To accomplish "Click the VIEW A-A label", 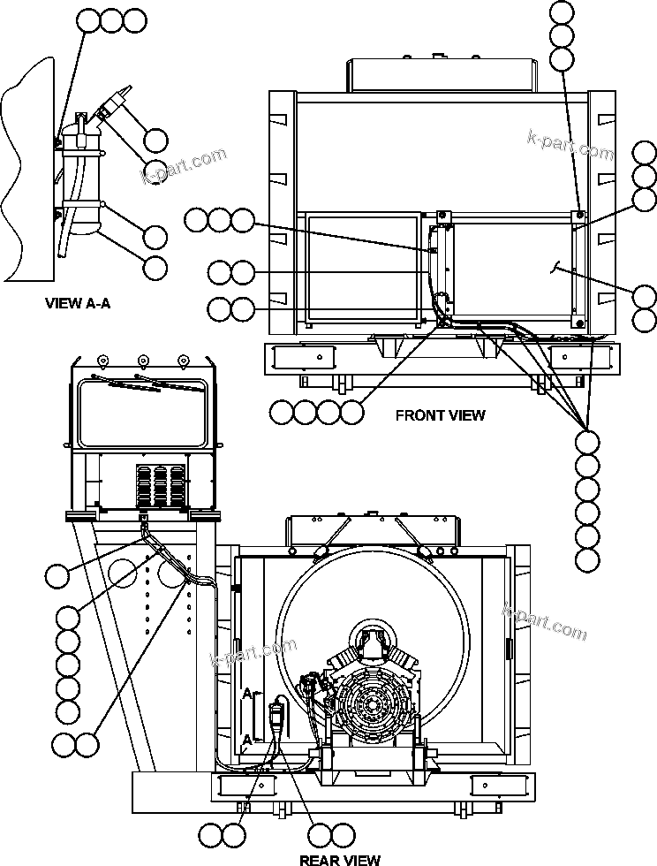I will pyautogui.click(x=83, y=303).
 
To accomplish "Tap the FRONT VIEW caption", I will pyautogui.click(x=440, y=414).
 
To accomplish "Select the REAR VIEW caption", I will pyautogui.click(x=340, y=859).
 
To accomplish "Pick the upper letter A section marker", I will pyautogui.click(x=246, y=695).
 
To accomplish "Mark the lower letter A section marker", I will pyautogui.click(x=246, y=740).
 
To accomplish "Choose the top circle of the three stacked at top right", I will pyautogui.click(x=563, y=13).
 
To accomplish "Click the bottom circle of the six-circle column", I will pyautogui.click(x=587, y=558).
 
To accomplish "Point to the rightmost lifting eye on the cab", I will pyautogui.click(x=184, y=360).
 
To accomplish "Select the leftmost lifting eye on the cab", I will pyautogui.click(x=102, y=360).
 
